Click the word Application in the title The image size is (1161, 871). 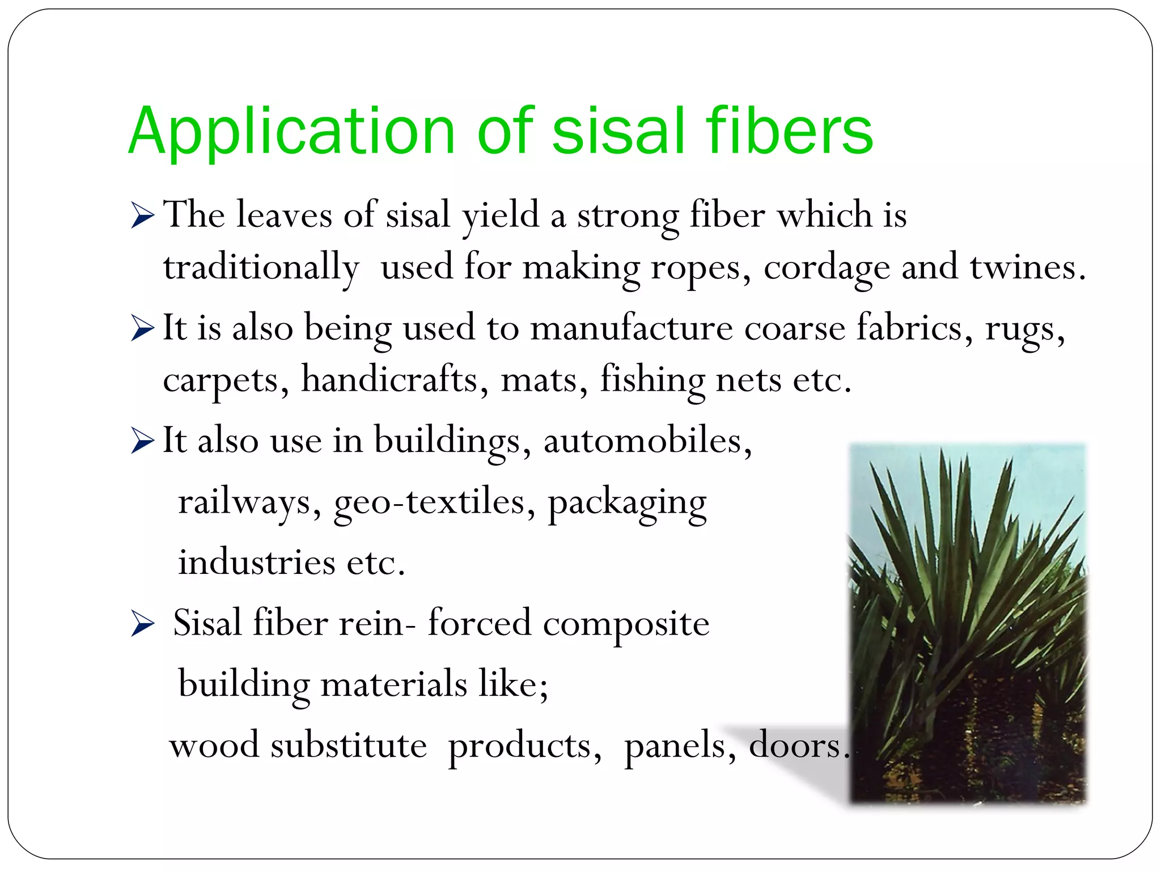pyautogui.click(x=292, y=132)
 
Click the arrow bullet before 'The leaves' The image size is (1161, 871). pyautogui.click(x=142, y=215)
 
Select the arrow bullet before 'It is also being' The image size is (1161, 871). pyautogui.click(x=142, y=328)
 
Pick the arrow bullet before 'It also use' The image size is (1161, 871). pyautogui.click(x=142, y=441)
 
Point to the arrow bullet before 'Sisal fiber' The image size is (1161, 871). pyautogui.click(x=142, y=624)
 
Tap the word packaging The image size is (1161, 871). pyautogui.click(x=627, y=502)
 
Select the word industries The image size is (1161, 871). pyautogui.click(x=257, y=563)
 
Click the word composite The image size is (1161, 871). pyautogui.click(x=626, y=624)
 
